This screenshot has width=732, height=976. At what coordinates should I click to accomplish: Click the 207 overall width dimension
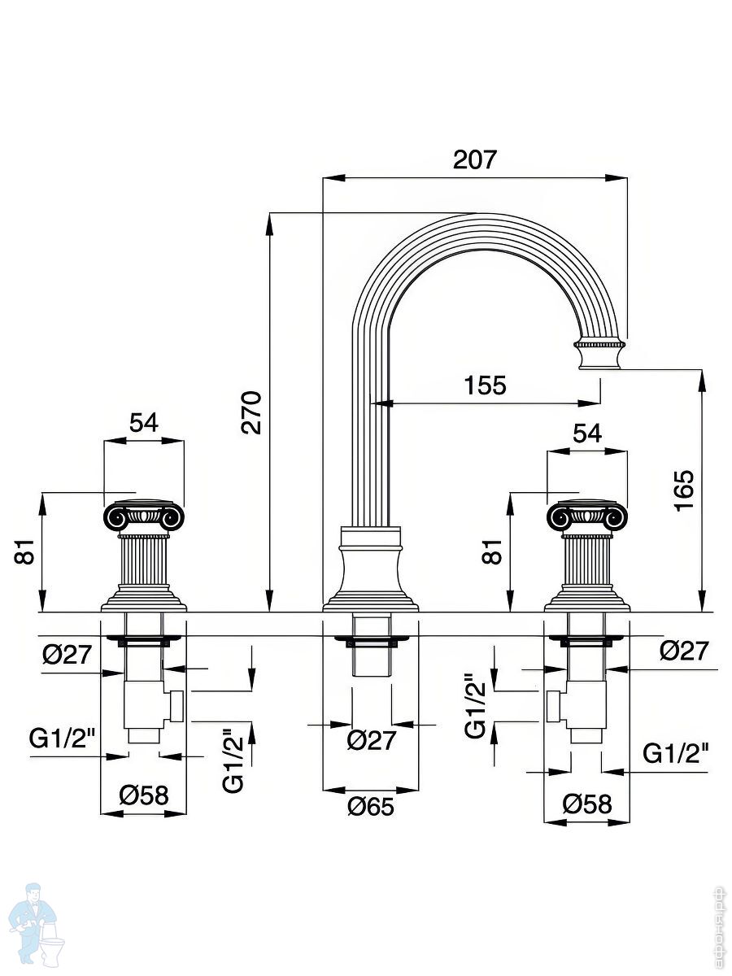coord(474,159)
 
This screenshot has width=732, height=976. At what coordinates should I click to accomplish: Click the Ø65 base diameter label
coord(370,807)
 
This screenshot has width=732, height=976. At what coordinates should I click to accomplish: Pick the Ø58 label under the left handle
coord(144,795)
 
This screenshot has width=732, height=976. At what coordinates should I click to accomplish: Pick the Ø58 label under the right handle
coord(587,804)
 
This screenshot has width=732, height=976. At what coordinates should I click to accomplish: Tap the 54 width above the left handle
coord(143,423)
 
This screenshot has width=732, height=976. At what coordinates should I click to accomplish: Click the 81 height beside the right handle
coord(493,552)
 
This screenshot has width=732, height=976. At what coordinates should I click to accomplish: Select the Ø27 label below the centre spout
coord(371,740)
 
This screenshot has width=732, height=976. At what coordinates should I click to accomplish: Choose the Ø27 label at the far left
coord(67,655)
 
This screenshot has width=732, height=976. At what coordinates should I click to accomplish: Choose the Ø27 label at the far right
coord(684,651)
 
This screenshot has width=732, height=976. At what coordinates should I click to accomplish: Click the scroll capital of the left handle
coord(144,516)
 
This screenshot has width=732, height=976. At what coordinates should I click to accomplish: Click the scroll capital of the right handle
coord(587,516)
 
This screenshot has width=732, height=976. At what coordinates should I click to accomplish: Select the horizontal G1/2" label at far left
coord(63,739)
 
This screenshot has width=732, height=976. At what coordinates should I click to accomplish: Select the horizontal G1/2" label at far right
coord(676,753)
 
